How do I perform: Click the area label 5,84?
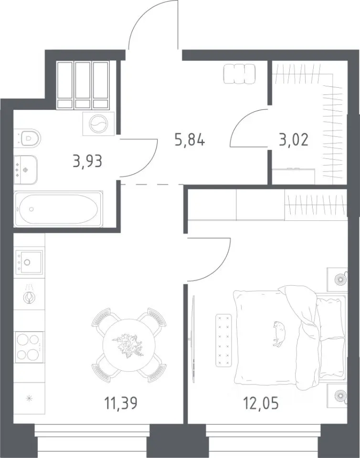click(190, 140)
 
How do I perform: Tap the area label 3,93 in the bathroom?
click(88, 161)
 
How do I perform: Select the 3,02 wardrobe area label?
click(294, 140)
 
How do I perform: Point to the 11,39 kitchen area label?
click(121, 404)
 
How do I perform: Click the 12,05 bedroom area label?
click(261, 404)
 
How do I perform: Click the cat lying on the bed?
click(279, 333)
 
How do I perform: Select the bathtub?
click(58, 208)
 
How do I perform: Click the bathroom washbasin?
click(26, 170)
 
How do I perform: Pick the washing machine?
click(98, 124)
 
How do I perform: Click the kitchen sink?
click(29, 262)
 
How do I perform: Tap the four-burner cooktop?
click(28, 347)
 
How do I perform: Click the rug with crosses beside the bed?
click(223, 340)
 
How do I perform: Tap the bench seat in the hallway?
click(240, 74)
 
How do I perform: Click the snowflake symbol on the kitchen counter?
click(29, 398)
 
